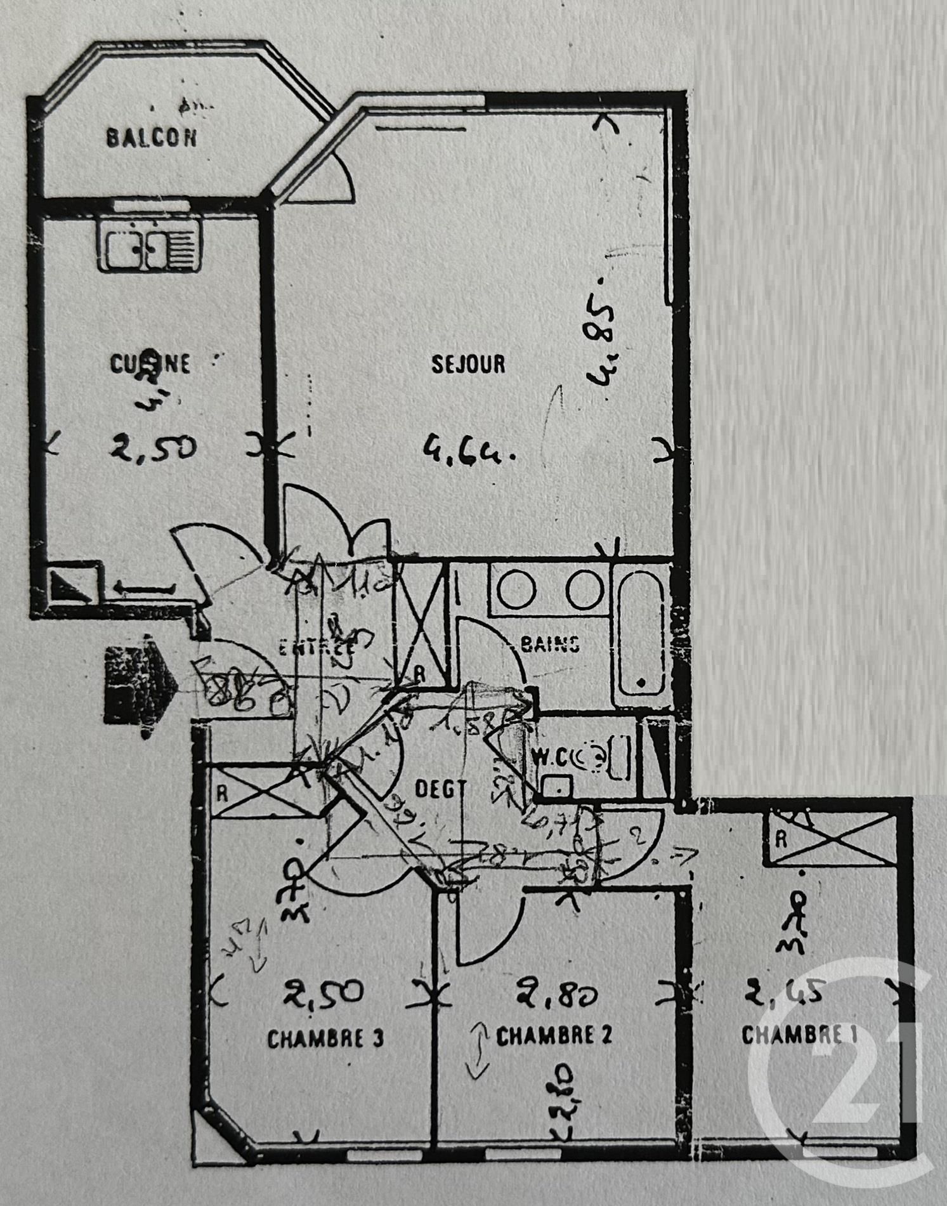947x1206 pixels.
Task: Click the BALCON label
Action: (152, 138)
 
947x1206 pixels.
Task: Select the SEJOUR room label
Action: (468, 364)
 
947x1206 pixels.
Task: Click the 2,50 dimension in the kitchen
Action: (153, 448)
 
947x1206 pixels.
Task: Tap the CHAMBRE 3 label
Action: (325, 1040)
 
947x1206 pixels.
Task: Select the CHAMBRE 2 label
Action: (554, 1036)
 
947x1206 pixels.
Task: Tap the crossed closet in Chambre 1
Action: (830, 839)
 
